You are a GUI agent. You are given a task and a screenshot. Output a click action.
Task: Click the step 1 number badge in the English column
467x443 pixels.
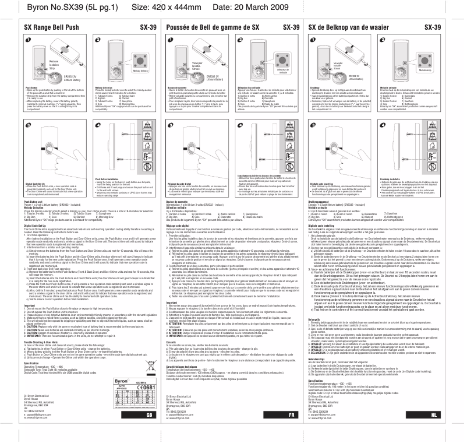(27, 39)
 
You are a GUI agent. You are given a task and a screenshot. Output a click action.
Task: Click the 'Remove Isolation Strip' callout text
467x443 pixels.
(54, 65)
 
